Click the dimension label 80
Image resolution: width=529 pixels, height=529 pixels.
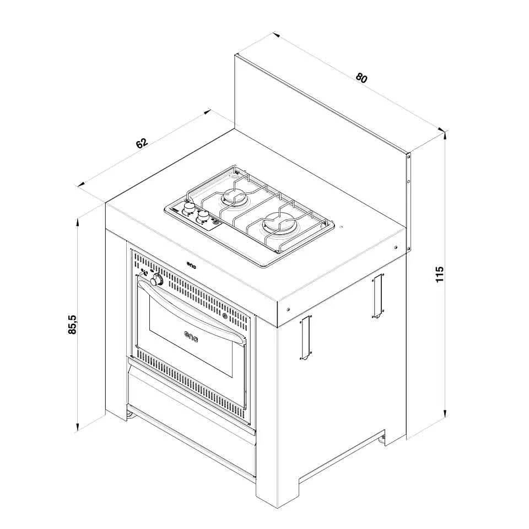(x=361, y=78)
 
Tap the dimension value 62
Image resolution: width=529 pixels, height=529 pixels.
(x=142, y=143)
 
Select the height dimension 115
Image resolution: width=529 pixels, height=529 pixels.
(x=439, y=274)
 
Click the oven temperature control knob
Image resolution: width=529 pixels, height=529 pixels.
(x=156, y=280)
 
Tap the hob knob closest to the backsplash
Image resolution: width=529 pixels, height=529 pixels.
(x=189, y=207)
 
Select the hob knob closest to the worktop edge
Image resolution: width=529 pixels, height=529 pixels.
(x=203, y=216)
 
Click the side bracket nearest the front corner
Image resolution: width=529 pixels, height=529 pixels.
(x=305, y=337)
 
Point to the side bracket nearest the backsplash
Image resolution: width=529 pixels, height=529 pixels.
(x=378, y=296)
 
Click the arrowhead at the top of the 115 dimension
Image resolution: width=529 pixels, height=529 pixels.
(x=446, y=136)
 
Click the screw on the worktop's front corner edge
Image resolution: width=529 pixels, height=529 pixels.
(x=288, y=309)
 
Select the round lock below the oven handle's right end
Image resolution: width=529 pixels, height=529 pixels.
(x=224, y=316)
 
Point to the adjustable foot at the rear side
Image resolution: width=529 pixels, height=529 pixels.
(x=382, y=439)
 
